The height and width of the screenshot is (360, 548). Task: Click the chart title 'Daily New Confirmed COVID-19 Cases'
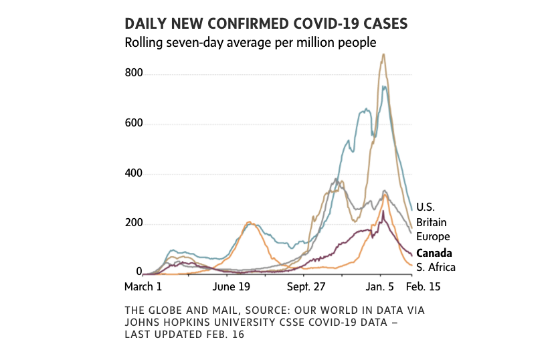click(266, 24)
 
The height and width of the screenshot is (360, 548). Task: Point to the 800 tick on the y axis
click(134, 74)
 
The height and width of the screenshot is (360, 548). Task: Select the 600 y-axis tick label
click(134, 124)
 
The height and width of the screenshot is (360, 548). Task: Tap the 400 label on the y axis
click(134, 174)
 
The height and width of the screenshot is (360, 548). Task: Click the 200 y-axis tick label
click(134, 223)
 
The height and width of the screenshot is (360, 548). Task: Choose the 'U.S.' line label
click(426, 207)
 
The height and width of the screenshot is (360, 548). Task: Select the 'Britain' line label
click(432, 222)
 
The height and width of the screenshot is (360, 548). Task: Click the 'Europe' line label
click(433, 237)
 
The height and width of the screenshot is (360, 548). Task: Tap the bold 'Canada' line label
click(434, 253)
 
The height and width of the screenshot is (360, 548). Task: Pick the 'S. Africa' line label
click(436, 268)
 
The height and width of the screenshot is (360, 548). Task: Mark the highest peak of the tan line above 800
click(383, 55)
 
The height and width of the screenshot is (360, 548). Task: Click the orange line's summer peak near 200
click(249, 222)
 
